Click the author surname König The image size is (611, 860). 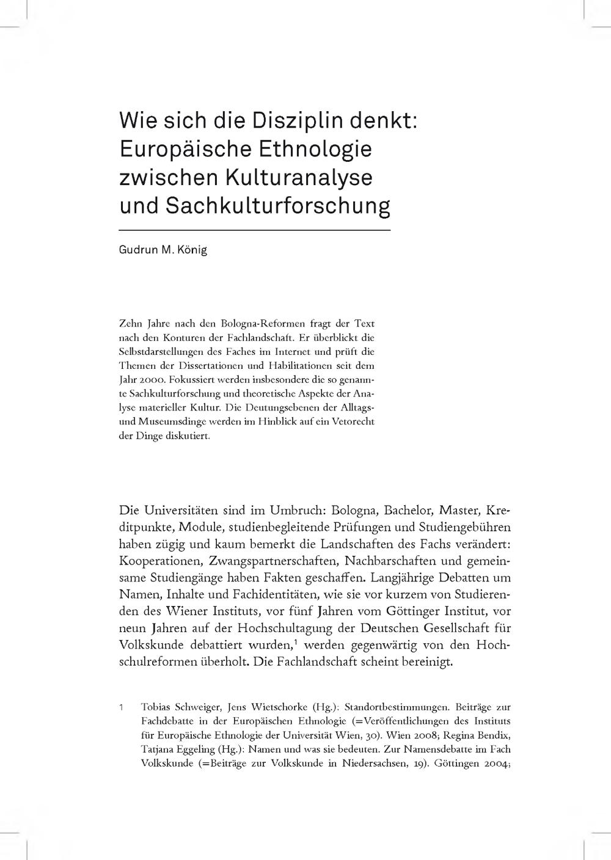click(192, 250)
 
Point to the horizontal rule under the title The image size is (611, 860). click(254, 230)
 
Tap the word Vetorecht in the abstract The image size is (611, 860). click(352, 421)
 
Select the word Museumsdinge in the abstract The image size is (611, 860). click(169, 421)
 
